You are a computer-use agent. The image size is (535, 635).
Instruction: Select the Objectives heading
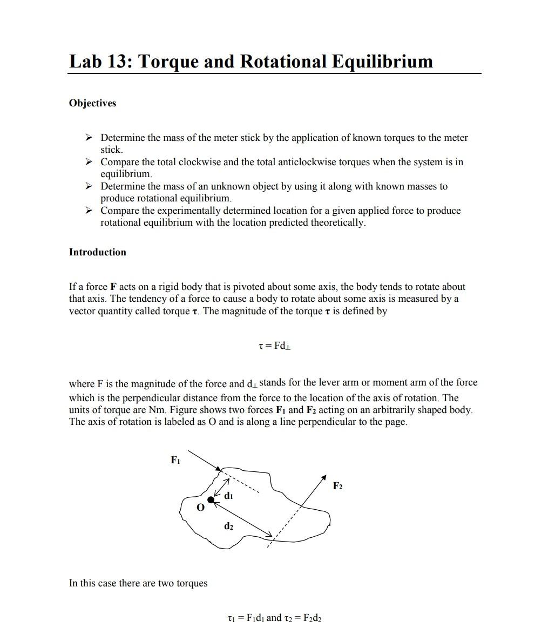pyautogui.click(x=92, y=103)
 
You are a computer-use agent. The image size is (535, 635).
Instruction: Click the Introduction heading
pyautogui.click(x=97, y=252)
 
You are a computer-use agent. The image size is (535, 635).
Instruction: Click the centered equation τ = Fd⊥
pyautogui.click(x=275, y=346)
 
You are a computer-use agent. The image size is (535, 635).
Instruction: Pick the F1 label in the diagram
pyautogui.click(x=175, y=460)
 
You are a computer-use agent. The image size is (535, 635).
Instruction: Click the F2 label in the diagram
pyautogui.click(x=337, y=486)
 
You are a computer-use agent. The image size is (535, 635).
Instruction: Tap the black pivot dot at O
pyautogui.click(x=211, y=500)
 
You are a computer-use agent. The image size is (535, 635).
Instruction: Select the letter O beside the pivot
pyautogui.click(x=200, y=508)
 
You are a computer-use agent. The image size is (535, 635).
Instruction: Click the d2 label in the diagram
pyautogui.click(x=229, y=525)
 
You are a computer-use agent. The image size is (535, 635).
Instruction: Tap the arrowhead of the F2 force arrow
pyautogui.click(x=324, y=477)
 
